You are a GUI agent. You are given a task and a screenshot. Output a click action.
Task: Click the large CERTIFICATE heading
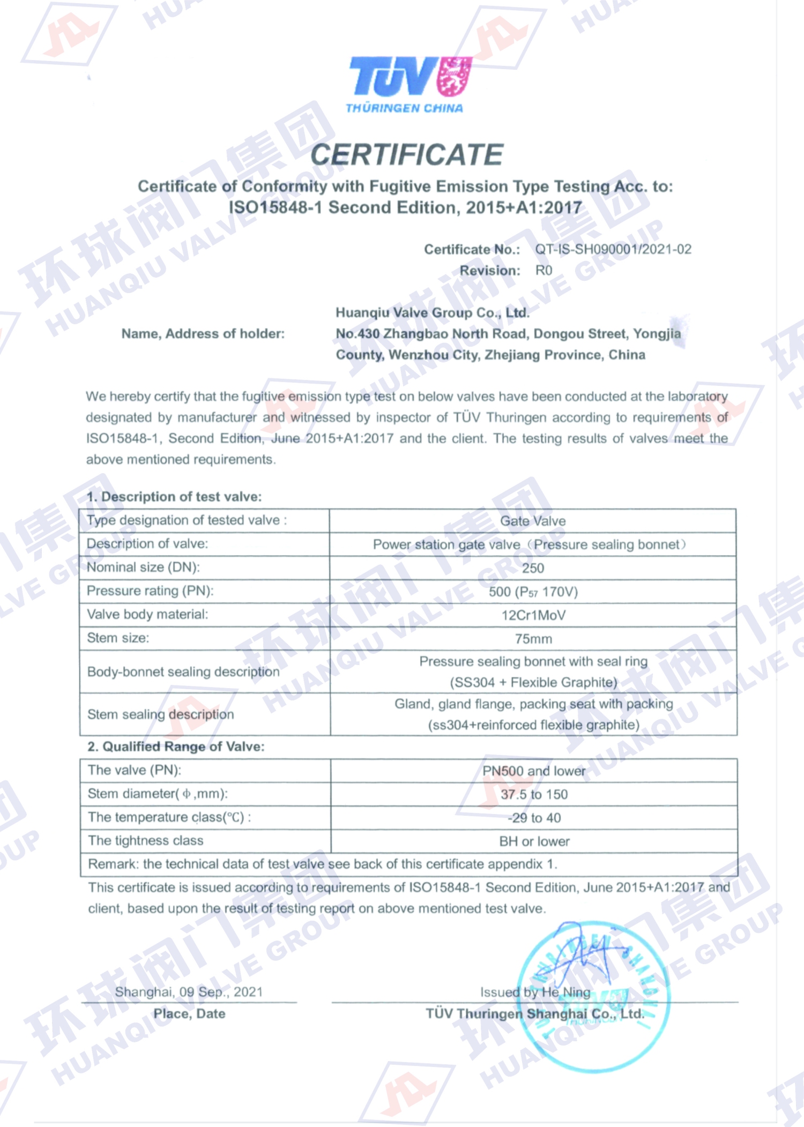click(x=407, y=155)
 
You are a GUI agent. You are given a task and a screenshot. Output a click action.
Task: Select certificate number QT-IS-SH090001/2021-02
click(x=613, y=249)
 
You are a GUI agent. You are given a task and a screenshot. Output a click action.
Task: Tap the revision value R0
click(x=544, y=271)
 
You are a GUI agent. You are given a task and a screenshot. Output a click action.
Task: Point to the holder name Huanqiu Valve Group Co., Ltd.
click(x=432, y=312)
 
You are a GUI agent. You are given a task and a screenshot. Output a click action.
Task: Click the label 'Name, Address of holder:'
click(x=203, y=334)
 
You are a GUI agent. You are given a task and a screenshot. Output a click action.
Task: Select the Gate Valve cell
click(x=533, y=521)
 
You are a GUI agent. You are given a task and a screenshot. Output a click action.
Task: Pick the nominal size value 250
click(x=533, y=568)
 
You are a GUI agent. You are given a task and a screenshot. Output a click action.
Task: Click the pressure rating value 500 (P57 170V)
click(x=533, y=592)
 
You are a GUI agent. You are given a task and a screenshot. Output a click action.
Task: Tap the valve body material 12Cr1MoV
click(x=533, y=615)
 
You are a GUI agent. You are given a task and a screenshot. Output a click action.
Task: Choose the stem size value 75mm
click(x=533, y=639)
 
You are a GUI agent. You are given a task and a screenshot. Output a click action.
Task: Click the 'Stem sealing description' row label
click(x=161, y=714)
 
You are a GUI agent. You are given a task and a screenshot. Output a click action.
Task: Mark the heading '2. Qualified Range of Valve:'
click(x=176, y=747)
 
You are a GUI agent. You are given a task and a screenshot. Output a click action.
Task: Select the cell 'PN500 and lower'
click(x=534, y=771)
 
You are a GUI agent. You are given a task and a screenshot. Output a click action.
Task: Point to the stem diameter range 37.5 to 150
click(x=534, y=794)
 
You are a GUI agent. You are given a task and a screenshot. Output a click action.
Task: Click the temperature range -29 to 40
click(x=534, y=818)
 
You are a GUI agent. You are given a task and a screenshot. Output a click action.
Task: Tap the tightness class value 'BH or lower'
click(x=534, y=841)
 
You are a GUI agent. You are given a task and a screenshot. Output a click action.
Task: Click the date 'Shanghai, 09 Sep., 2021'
click(x=189, y=992)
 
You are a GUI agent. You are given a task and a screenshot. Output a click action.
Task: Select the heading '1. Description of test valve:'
click(x=174, y=497)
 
